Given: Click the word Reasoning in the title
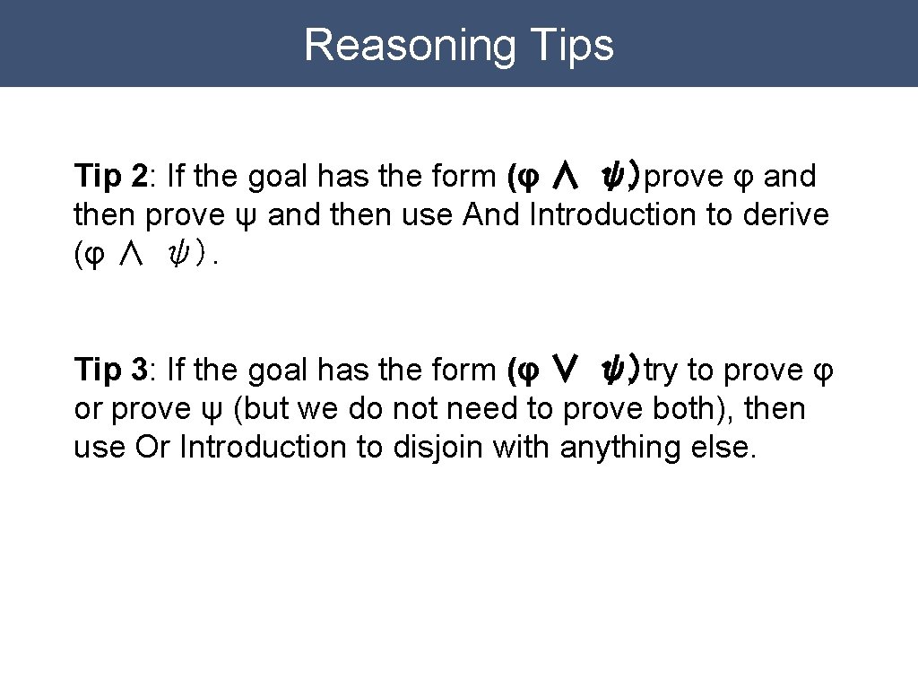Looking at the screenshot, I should click(x=409, y=45).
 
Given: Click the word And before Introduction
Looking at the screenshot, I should click(x=492, y=215).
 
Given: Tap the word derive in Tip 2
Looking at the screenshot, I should click(x=786, y=215).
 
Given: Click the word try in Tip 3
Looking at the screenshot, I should click(x=661, y=370).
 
